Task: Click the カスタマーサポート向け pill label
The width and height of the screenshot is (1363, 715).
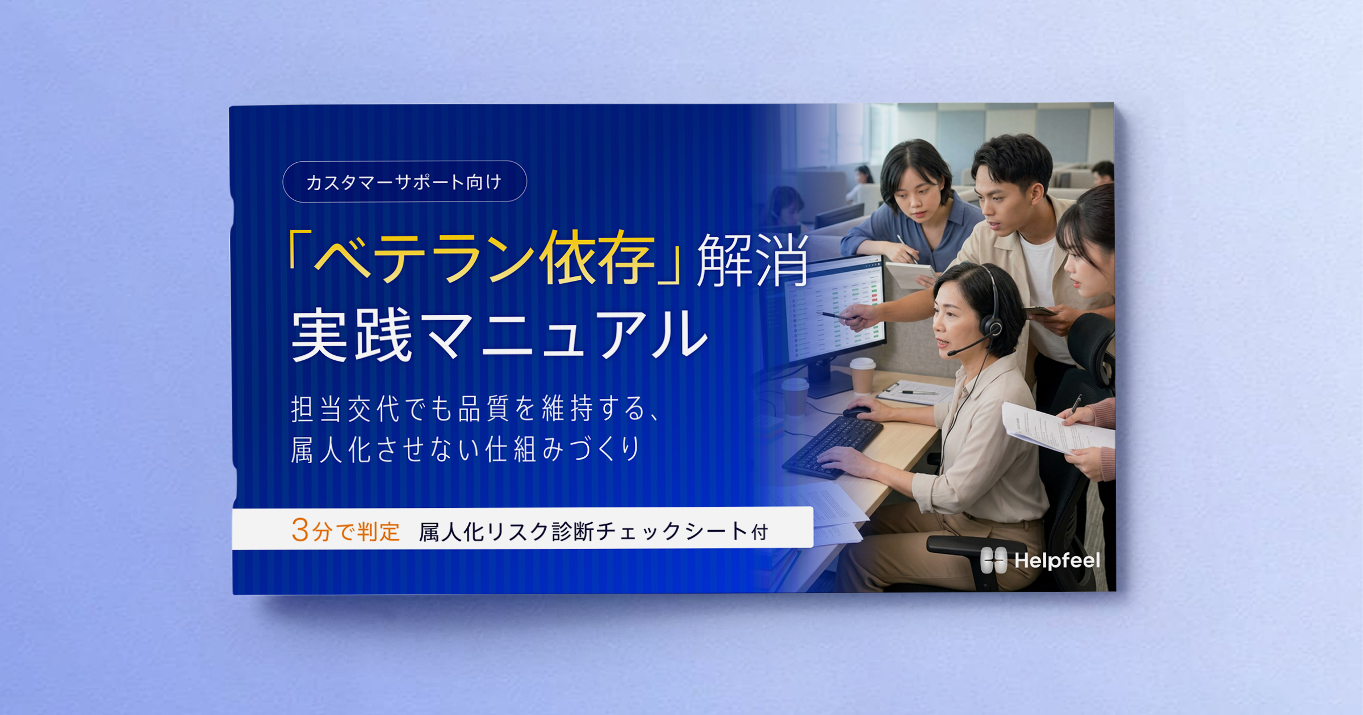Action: [x=404, y=182]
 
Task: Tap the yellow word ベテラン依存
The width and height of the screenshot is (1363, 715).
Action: [x=484, y=259]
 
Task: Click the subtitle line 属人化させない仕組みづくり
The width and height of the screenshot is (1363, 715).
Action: [x=466, y=450]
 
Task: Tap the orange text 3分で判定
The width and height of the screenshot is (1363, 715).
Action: [x=345, y=531]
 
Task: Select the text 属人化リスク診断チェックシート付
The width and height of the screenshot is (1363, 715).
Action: [x=593, y=532]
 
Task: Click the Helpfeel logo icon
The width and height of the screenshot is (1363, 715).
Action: [x=993, y=560]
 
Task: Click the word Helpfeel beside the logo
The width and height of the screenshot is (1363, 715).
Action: [x=1057, y=561]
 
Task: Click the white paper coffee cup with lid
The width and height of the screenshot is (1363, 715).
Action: [x=862, y=375]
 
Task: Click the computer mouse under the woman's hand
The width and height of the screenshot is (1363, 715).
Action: [x=856, y=411]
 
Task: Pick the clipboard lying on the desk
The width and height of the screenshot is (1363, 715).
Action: [x=914, y=392]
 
